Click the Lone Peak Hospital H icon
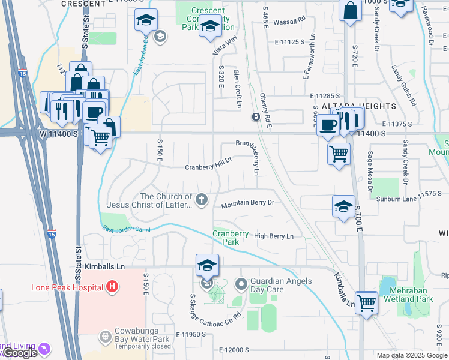(111, 287)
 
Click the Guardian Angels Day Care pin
(241, 283)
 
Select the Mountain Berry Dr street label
(247, 203)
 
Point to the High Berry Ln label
(273, 236)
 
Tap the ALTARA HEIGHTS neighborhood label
(358, 106)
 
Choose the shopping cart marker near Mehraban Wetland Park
(366, 303)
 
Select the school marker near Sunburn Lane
(343, 207)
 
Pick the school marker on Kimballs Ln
(207, 266)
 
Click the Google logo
(20, 353)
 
